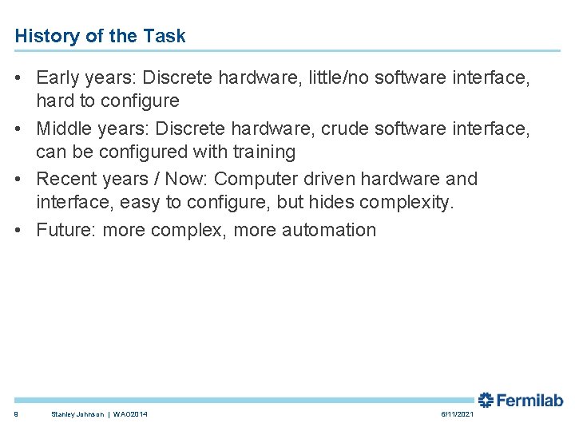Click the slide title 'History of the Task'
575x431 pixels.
100,36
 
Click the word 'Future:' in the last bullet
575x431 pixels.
65,230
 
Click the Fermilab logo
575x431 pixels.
520,400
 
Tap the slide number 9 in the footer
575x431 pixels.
16,414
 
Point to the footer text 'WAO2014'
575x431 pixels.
129,414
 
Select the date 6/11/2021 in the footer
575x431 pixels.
457,414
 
